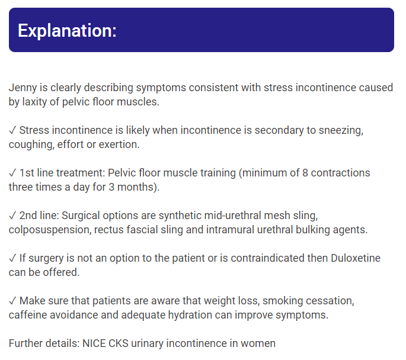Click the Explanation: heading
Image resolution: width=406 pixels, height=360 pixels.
point(68,31)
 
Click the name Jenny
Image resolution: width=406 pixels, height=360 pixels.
point(23,88)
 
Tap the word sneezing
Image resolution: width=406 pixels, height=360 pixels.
point(341,131)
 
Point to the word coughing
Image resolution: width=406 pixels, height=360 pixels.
point(31,145)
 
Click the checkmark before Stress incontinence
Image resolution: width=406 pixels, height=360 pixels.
point(12,130)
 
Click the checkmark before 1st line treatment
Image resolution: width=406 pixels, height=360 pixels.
point(12,173)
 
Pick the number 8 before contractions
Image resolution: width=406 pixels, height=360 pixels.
point(305,173)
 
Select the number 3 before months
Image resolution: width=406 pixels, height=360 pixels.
point(111,187)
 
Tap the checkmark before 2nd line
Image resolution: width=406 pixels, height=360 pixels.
point(12,216)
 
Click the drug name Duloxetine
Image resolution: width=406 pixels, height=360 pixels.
point(356,258)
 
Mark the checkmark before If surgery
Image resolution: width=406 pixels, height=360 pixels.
point(12,258)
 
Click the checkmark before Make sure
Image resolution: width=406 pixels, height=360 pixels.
point(12,301)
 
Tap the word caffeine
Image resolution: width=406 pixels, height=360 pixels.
point(28,315)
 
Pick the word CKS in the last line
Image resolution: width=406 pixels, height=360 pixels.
point(119,343)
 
